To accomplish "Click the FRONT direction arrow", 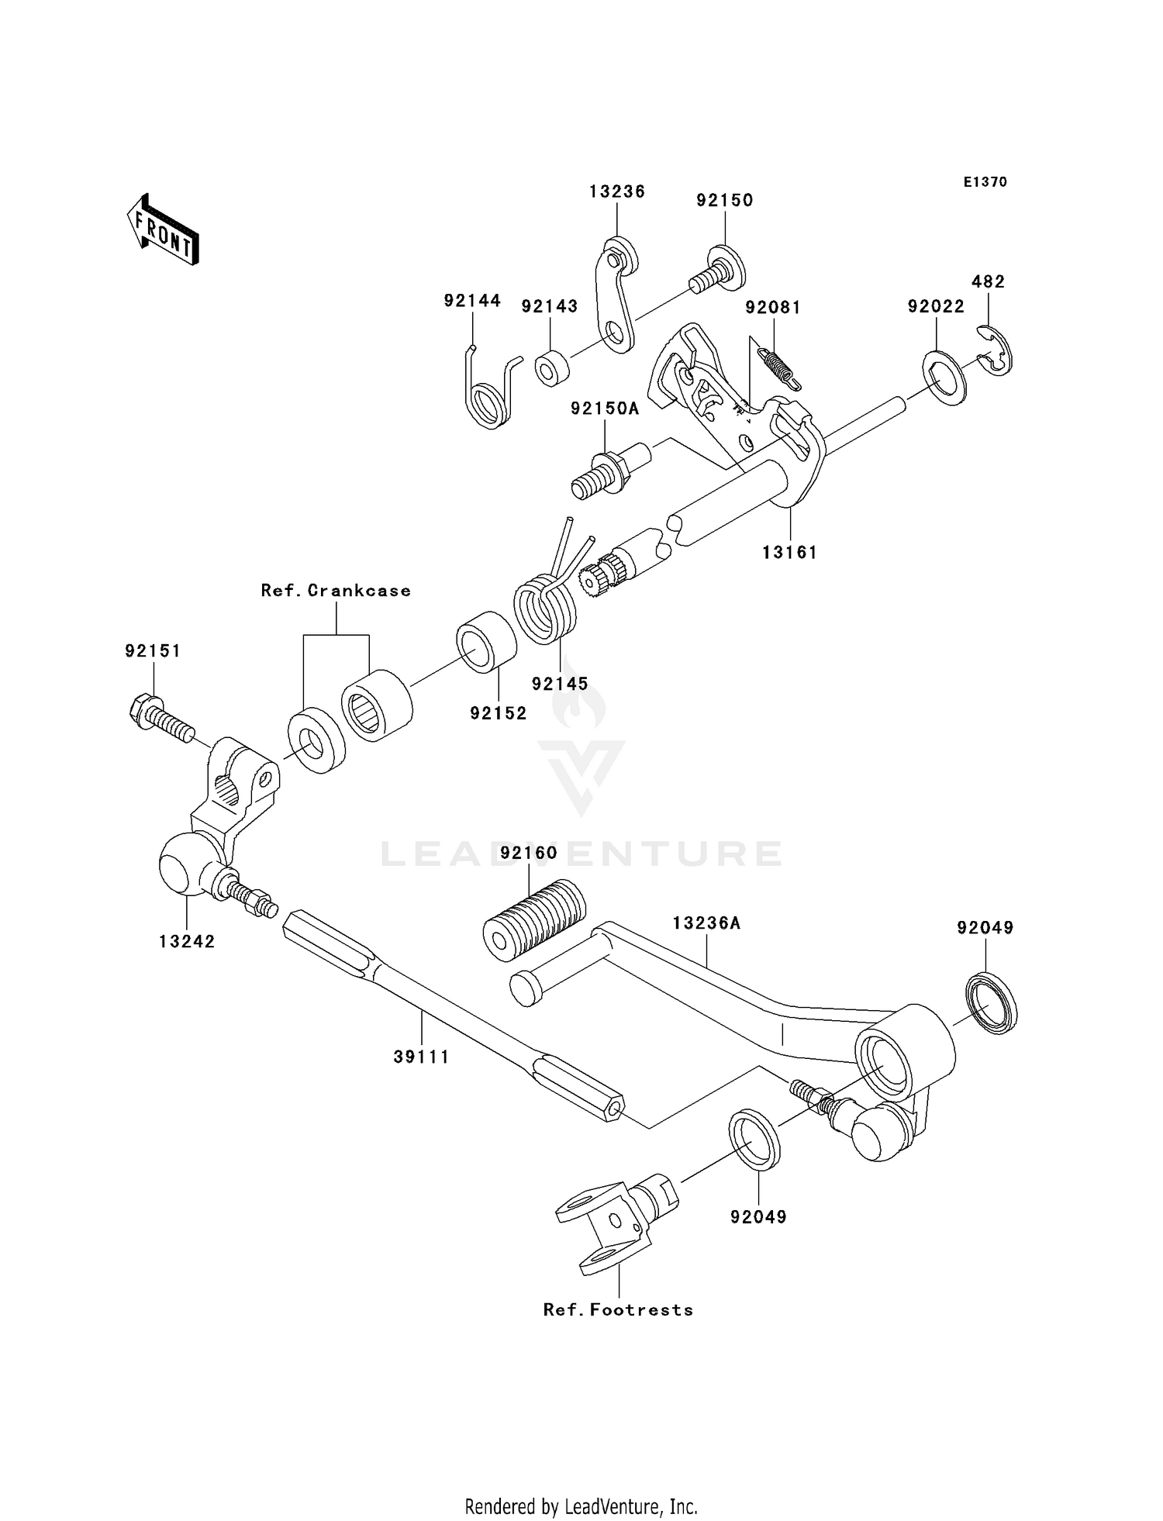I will click(x=164, y=230).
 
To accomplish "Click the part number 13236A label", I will click(x=706, y=923).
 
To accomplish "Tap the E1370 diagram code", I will click(x=985, y=182).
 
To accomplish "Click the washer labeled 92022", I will click(x=944, y=378).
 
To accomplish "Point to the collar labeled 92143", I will click(x=551, y=368).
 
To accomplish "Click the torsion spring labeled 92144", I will click(x=488, y=391).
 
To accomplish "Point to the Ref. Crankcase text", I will click(x=336, y=591).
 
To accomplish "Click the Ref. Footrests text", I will click(x=618, y=1309).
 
